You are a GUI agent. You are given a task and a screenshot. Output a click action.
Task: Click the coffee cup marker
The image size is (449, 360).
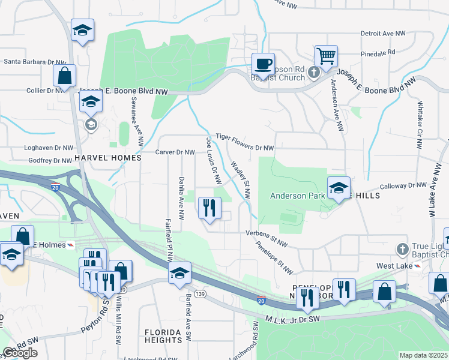coord(262,63)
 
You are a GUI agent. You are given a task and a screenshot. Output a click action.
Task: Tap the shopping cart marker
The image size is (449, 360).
coord(326,56)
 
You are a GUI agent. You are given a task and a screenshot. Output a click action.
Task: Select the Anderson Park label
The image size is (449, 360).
coord(297,195)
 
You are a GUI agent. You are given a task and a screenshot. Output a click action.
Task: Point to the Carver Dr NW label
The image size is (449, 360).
coord(175,152)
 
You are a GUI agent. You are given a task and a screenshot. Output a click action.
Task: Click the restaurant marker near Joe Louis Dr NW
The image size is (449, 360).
coord(209,208)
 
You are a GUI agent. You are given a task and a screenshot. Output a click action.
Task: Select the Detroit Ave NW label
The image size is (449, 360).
coord(383,34)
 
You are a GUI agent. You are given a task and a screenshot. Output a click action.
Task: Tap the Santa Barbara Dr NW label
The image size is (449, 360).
coord(34,61)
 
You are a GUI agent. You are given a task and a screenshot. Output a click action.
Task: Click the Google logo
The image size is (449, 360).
coord(20,353)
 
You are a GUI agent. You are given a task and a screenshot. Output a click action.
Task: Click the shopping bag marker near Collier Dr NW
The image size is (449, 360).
coord(64,76)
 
